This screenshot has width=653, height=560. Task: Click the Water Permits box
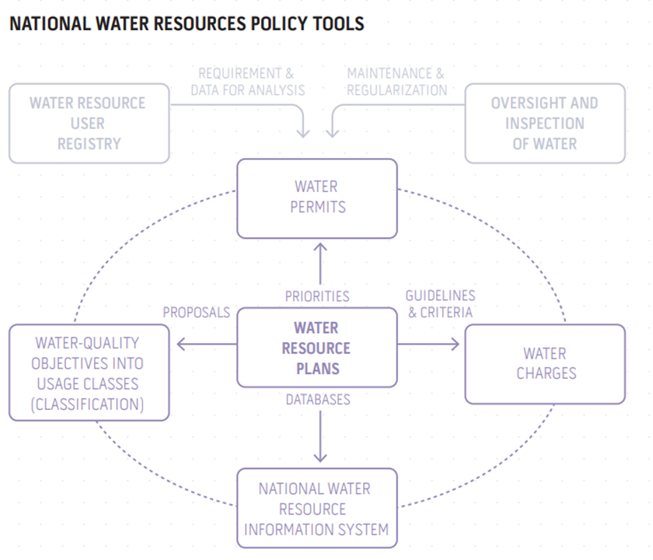tap(316, 198)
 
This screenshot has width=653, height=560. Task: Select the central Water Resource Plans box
tap(316, 348)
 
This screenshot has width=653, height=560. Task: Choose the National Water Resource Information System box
tap(316, 509)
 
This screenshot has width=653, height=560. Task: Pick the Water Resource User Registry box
tap(89, 123)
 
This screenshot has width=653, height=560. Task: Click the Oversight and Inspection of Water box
tap(544, 123)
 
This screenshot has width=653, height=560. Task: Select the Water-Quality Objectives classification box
tap(89, 373)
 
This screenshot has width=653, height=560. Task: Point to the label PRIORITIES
tap(317, 296)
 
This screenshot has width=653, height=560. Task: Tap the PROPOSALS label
tap(196, 312)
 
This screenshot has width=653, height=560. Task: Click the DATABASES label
tap(317, 399)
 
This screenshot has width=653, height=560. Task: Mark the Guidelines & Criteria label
tap(440, 304)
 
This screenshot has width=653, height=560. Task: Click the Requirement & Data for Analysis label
tap(247, 82)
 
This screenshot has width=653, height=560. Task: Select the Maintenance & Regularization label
tap(396, 82)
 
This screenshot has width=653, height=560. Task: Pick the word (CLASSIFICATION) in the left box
tap(89, 404)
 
